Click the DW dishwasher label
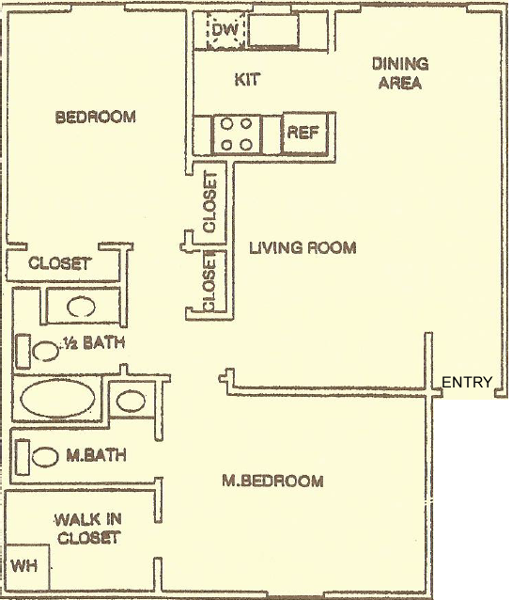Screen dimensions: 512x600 225,30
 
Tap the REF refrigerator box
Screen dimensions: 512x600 303,134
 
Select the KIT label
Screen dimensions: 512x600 247,79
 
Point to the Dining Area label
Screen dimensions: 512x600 400,73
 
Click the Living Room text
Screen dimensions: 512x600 303,247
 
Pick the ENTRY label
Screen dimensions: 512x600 467,382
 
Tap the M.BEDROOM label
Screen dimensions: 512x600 272,481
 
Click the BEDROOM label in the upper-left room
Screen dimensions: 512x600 96,117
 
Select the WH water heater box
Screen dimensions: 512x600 26,566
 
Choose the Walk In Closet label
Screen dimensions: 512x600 88,529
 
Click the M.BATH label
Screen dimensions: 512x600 96,455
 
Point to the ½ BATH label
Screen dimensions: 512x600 92,342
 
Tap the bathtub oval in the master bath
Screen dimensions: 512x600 57,399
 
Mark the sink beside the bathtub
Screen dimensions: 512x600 131,401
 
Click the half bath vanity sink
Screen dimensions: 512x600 81,307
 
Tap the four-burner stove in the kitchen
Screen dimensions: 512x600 237,134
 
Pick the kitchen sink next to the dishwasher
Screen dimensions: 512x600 274,31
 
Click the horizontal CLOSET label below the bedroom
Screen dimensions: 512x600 59,263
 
